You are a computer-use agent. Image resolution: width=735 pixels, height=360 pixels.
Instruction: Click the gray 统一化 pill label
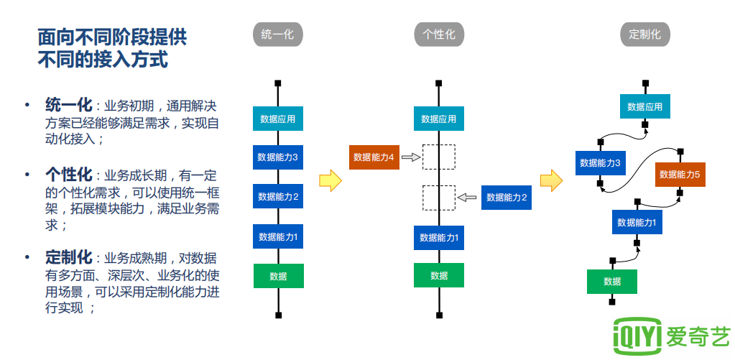pyautogui.click(x=278, y=34)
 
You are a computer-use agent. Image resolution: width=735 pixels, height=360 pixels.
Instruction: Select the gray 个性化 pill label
pyautogui.click(x=439, y=34)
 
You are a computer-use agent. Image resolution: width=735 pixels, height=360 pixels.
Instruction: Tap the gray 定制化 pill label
pyautogui.click(x=644, y=34)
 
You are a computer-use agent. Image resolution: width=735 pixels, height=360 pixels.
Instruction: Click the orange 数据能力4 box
pyautogui.click(x=374, y=157)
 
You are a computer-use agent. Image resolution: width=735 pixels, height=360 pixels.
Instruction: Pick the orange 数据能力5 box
pyautogui.click(x=680, y=174)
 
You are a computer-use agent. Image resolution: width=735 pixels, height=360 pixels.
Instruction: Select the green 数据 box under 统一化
pyautogui.click(x=278, y=276)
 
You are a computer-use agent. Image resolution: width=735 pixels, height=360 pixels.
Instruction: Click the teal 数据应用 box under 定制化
pyautogui.click(x=645, y=106)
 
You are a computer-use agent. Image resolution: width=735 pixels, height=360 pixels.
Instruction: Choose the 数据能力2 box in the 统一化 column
pyautogui.click(x=278, y=196)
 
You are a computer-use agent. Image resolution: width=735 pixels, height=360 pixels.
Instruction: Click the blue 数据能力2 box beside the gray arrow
pyautogui.click(x=507, y=197)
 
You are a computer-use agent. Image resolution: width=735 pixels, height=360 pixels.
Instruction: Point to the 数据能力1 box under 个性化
pyautogui.click(x=439, y=236)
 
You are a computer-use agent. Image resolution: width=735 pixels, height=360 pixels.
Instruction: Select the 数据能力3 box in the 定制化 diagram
pyautogui.click(x=600, y=162)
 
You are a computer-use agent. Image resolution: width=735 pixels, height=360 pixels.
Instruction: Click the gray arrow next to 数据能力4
pyautogui.click(x=410, y=157)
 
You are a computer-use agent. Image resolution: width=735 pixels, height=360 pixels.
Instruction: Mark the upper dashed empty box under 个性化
pyautogui.click(x=439, y=157)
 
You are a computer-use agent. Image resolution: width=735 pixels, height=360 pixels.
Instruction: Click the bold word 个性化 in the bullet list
pyautogui.click(x=69, y=175)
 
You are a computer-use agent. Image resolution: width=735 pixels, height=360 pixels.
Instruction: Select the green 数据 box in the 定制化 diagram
pyautogui.click(x=611, y=281)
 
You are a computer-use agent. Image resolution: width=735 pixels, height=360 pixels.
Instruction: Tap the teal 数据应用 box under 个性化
pyautogui.click(x=439, y=119)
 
